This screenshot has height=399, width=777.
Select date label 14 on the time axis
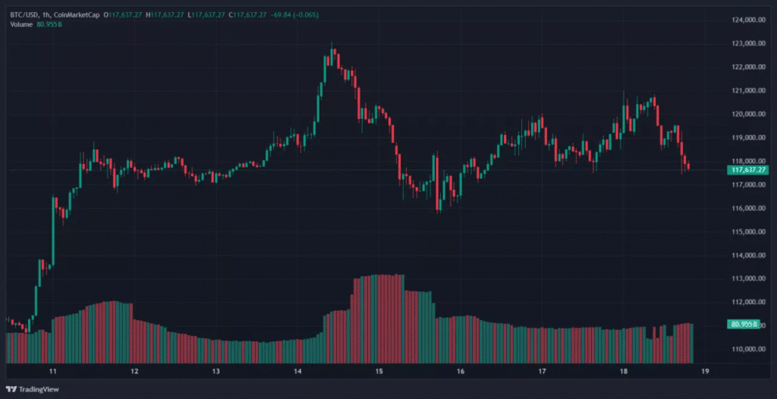pyautogui.click(x=298, y=372)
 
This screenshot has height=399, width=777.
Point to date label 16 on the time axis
pyautogui.click(x=461, y=372)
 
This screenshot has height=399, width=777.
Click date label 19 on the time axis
pyautogui.click(x=705, y=372)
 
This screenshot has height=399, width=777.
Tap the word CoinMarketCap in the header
pyautogui.click(x=79, y=14)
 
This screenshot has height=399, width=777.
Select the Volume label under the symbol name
pyautogui.click(x=22, y=25)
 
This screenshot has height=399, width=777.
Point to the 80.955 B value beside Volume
pyautogui.click(x=51, y=25)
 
